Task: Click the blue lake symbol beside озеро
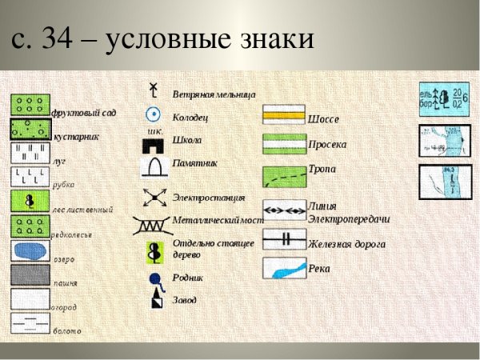30,250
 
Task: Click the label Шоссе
324,119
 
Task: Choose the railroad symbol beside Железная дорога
284,238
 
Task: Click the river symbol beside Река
284,267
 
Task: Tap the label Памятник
195,162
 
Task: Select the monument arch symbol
154,166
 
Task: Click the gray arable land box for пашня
30,274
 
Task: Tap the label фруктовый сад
84,113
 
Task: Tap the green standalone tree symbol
154,251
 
